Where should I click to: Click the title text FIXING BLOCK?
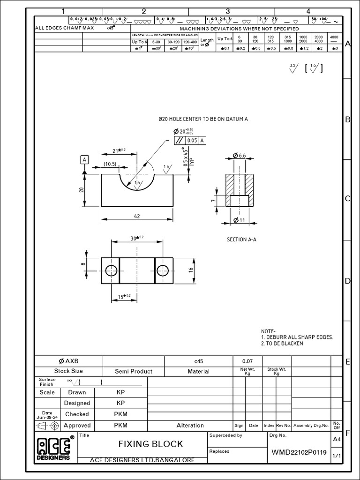click(150, 443)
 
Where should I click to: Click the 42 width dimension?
click(137, 217)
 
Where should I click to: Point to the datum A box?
click(84, 160)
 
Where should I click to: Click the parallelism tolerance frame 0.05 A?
click(189, 140)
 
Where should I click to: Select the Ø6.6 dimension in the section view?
click(239, 155)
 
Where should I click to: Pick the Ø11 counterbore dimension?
click(239, 220)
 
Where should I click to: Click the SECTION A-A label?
click(241, 240)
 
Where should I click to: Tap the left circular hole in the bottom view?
click(111, 270)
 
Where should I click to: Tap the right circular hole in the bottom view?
click(163, 270)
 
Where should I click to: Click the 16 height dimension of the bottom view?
click(191, 270)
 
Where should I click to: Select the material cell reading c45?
click(198, 361)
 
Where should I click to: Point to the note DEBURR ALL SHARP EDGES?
click(297, 337)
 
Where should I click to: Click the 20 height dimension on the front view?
click(81, 189)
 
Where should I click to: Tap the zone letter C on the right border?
click(348, 199)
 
